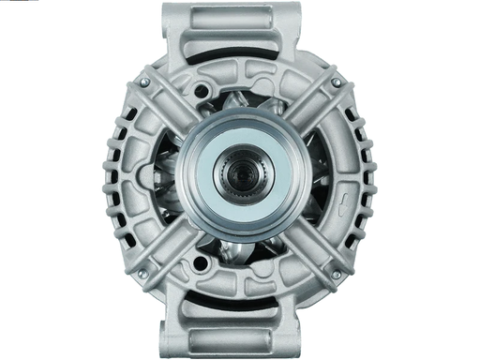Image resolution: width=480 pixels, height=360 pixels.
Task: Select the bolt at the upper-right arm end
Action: point(335,83)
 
